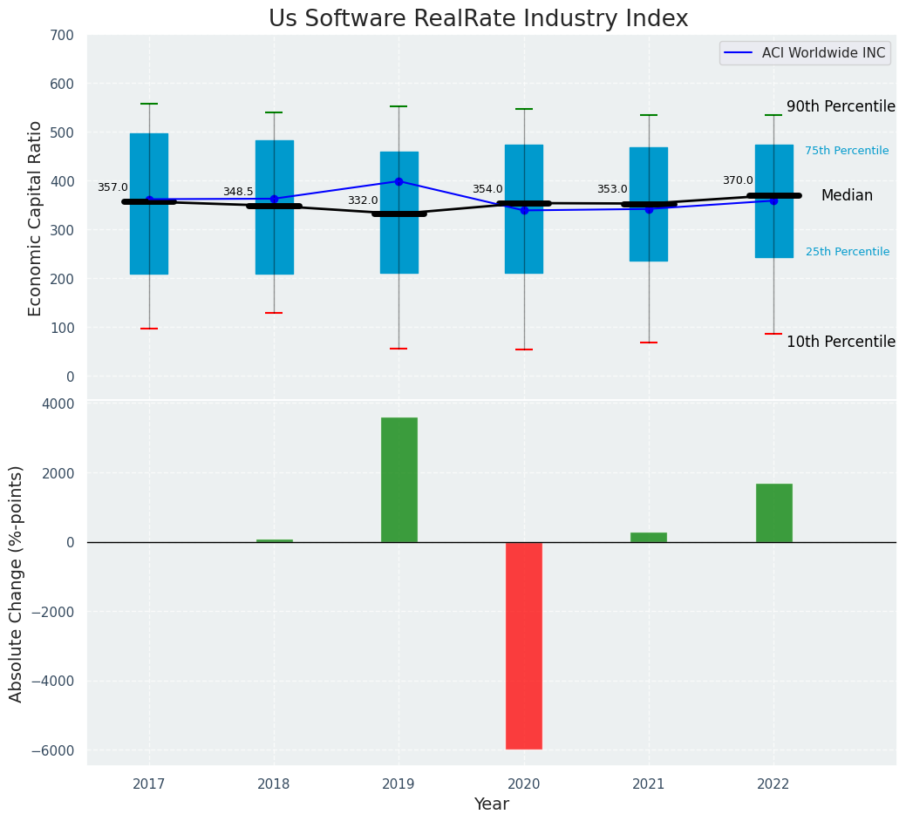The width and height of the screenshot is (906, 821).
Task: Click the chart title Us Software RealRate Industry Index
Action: (478, 19)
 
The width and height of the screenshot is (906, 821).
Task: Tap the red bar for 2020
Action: (524, 645)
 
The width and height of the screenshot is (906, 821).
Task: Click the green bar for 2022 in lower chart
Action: (773, 512)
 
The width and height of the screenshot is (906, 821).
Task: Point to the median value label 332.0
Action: (363, 200)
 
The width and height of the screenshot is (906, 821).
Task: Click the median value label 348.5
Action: (238, 192)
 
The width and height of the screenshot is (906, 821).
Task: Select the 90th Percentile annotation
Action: (841, 106)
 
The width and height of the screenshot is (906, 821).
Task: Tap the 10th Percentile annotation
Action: (841, 342)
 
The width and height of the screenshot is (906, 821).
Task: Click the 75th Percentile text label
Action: (847, 151)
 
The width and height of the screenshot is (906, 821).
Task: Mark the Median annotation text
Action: (847, 196)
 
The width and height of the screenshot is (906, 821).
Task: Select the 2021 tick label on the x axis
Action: (649, 784)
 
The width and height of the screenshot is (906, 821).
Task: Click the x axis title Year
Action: (492, 804)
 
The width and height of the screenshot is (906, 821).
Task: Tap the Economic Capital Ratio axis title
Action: (36, 218)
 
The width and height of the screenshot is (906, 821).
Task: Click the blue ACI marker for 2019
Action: (399, 181)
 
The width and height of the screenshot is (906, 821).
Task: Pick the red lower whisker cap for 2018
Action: (274, 313)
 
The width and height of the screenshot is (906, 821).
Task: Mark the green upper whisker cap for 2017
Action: (149, 104)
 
